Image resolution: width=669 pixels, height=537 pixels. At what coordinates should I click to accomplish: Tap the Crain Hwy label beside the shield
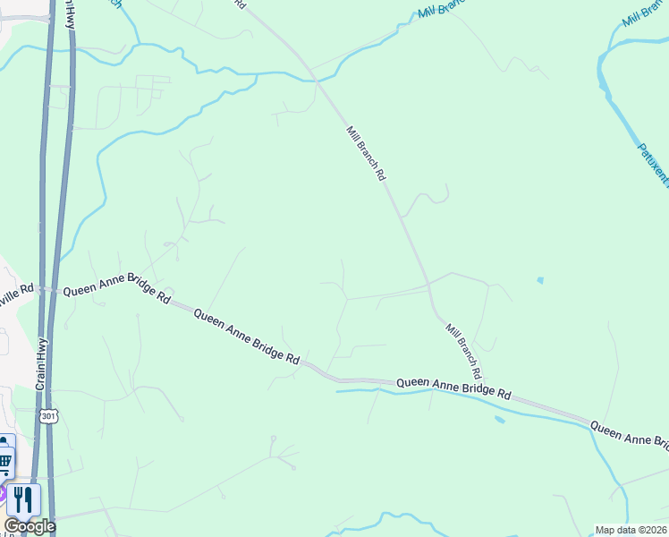[x=41, y=360]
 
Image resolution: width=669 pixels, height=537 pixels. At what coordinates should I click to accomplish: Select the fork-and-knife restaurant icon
[x=24, y=499]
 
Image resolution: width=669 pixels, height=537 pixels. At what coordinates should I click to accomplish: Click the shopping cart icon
[x=5, y=462]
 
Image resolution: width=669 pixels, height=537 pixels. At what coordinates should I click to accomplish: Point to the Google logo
[x=30, y=526]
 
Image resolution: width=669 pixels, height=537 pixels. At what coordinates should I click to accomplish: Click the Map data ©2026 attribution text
[x=631, y=530]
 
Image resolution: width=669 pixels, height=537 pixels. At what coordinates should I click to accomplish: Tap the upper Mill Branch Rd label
[x=365, y=154]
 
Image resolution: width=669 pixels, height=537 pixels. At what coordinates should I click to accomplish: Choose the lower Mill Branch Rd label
[x=464, y=350]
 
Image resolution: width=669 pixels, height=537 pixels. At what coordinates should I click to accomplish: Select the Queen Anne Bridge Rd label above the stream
[x=453, y=387]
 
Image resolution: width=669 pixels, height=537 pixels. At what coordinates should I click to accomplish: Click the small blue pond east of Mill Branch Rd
[x=539, y=280]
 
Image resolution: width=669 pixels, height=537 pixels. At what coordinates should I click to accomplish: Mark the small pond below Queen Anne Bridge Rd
[x=498, y=419]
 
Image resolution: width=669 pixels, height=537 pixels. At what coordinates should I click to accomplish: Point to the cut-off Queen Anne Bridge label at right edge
[x=630, y=436]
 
